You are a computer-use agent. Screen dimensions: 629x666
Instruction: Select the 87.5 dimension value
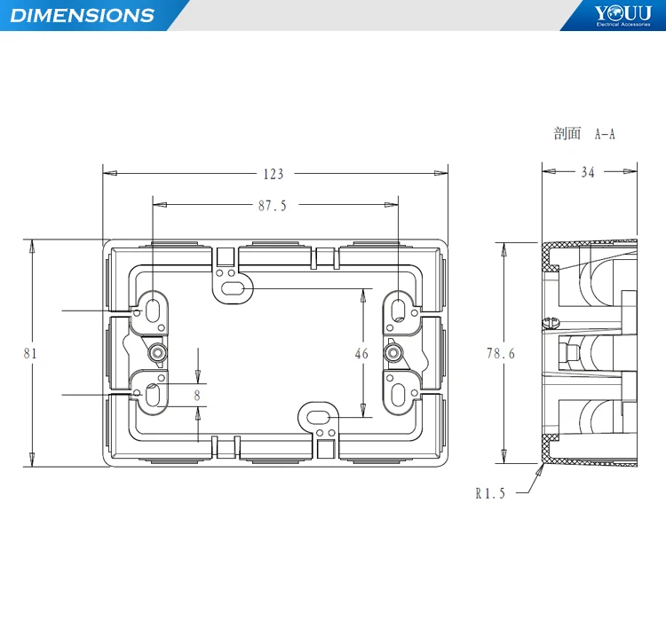(x=273, y=206)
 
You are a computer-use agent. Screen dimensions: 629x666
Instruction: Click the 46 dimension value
(x=361, y=353)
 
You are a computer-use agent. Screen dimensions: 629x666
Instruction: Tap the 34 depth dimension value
(x=588, y=173)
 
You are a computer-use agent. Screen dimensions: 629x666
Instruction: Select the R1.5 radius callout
(x=489, y=494)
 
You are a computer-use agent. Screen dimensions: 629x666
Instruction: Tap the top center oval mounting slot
(x=231, y=288)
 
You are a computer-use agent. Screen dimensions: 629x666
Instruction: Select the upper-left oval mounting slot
(x=153, y=311)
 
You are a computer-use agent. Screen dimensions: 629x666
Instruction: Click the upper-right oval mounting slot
(x=399, y=311)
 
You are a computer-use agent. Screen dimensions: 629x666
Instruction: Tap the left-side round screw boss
(x=157, y=353)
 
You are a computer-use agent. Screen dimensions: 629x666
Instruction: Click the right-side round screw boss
(x=392, y=353)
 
